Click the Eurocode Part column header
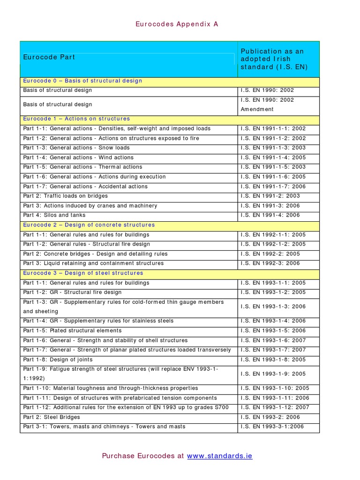(49, 57)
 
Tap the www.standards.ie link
(219, 456)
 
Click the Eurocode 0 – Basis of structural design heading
(82, 81)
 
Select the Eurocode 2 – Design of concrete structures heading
(89, 225)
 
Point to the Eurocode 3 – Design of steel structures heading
(83, 273)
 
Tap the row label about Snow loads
(70, 148)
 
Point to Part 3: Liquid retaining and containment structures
(93, 263)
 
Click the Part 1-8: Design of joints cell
(58, 360)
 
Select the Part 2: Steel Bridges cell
(52, 417)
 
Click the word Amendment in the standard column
(257, 109)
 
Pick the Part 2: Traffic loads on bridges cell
(66, 196)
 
